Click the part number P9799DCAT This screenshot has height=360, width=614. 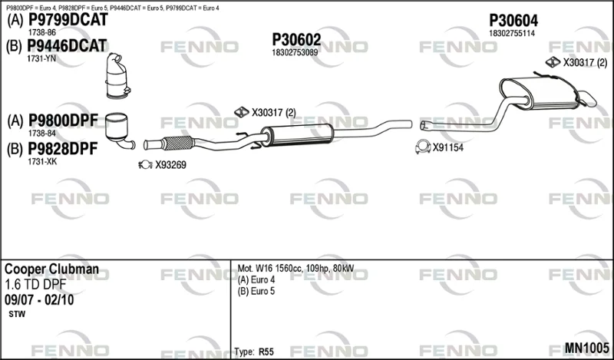(x=68, y=20)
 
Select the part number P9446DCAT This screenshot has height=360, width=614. (x=67, y=46)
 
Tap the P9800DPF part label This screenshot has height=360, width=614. (x=63, y=121)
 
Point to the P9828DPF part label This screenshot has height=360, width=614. (x=63, y=149)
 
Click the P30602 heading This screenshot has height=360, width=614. (x=296, y=40)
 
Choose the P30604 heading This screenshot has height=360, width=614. (x=513, y=21)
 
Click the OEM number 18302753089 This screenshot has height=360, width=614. (x=295, y=52)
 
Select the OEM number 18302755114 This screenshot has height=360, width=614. (x=511, y=33)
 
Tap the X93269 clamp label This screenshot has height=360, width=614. (x=170, y=165)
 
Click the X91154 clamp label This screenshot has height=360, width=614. (x=448, y=147)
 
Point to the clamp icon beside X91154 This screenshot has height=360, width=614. (x=423, y=147)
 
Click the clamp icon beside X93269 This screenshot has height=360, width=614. (x=145, y=164)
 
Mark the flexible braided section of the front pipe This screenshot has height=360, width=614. (x=178, y=143)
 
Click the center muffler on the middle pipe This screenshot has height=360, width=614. (x=297, y=135)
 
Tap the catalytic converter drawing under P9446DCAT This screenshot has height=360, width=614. (x=117, y=75)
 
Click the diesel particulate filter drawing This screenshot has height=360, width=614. (x=119, y=130)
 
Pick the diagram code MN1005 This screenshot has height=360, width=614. (x=586, y=348)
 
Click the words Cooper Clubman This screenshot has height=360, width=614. (x=51, y=269)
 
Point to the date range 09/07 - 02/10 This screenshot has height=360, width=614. (x=39, y=300)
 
